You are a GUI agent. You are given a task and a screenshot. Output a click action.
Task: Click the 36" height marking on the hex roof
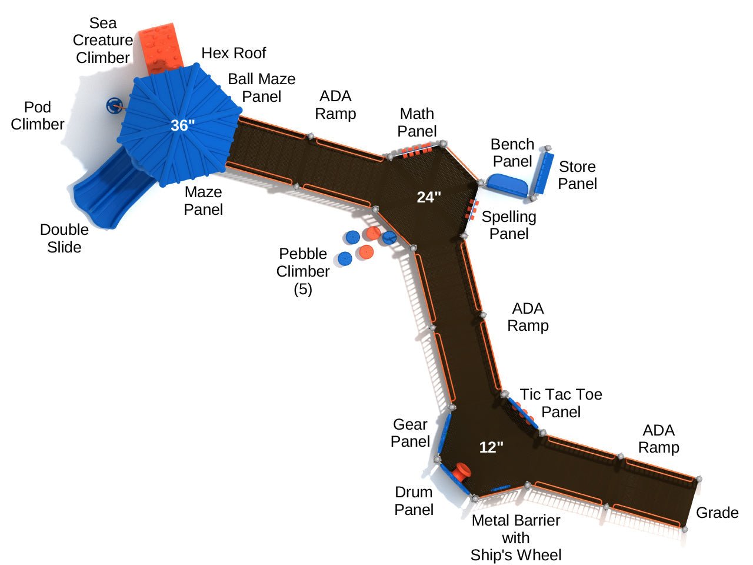pyautogui.click(x=182, y=125)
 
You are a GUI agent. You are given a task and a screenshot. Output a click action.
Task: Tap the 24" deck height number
pyautogui.click(x=429, y=197)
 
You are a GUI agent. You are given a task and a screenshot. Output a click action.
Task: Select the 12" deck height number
pyautogui.click(x=491, y=447)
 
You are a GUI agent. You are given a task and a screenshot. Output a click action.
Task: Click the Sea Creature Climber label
pyautogui.click(x=103, y=40)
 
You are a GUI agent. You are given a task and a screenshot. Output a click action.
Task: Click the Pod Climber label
pyautogui.click(x=38, y=115)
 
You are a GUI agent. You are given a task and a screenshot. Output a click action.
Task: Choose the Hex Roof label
pyautogui.click(x=234, y=53)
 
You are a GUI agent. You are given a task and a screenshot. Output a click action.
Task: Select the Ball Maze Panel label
pyautogui.click(x=262, y=87)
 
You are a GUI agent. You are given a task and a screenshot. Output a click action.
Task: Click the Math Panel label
pyautogui.click(x=417, y=122)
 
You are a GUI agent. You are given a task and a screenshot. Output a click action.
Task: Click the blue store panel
pyautogui.click(x=544, y=174)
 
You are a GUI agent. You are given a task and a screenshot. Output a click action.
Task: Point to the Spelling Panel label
pyautogui.click(x=509, y=225)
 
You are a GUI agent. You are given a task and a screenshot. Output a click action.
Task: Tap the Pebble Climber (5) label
pyautogui.click(x=303, y=271)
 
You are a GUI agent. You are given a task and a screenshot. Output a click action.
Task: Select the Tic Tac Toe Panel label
pyautogui.click(x=561, y=403)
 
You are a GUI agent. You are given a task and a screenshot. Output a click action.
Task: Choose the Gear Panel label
pyautogui.click(x=410, y=433)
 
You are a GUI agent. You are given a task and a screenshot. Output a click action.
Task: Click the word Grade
pyautogui.click(x=717, y=513)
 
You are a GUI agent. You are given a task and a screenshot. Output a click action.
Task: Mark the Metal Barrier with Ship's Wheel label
pyautogui.click(x=516, y=537)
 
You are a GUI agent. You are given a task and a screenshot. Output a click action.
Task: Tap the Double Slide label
pyautogui.click(x=64, y=238)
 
